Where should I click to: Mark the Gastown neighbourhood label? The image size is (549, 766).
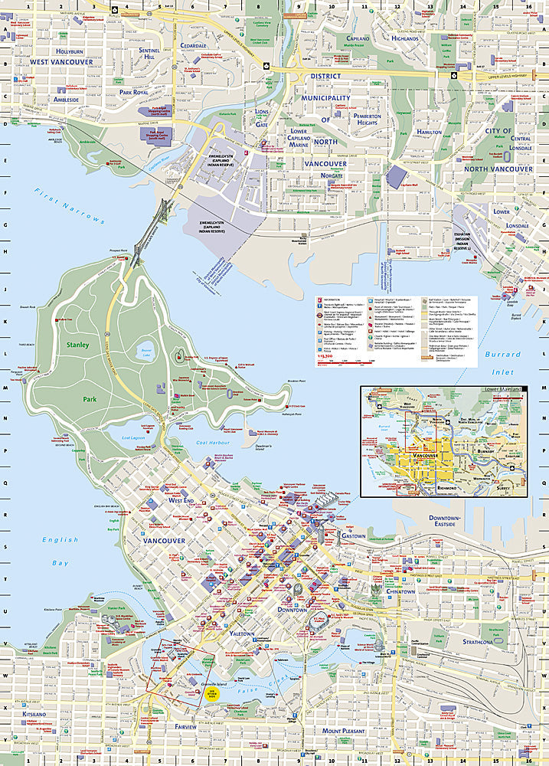pos(353,536)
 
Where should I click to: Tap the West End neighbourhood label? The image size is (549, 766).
pos(181,499)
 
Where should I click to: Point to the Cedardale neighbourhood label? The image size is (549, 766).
pos(194,45)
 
